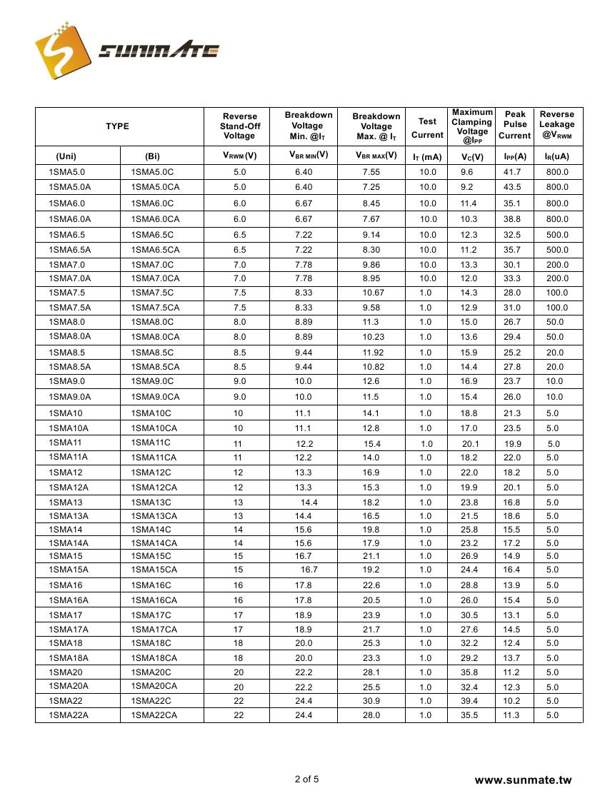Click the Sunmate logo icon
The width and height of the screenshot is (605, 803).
point(63,50)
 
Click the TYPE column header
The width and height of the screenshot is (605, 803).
point(118,126)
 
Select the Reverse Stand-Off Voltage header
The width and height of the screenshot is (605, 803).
point(239,126)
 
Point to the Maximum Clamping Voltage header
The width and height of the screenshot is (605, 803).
point(471,126)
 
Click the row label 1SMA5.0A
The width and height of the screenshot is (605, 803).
point(70,187)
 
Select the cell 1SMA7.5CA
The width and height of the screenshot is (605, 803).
point(156,308)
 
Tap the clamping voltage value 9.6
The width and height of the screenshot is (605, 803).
point(467,172)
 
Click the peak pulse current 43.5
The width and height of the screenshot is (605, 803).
point(512,187)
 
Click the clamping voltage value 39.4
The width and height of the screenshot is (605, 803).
point(469,701)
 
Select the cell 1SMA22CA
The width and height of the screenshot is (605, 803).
point(154,715)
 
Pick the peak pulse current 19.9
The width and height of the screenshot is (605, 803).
point(513,444)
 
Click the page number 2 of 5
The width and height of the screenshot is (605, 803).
point(307,779)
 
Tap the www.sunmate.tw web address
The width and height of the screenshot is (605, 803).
point(524,780)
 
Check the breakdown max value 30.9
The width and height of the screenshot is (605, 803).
point(371,701)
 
